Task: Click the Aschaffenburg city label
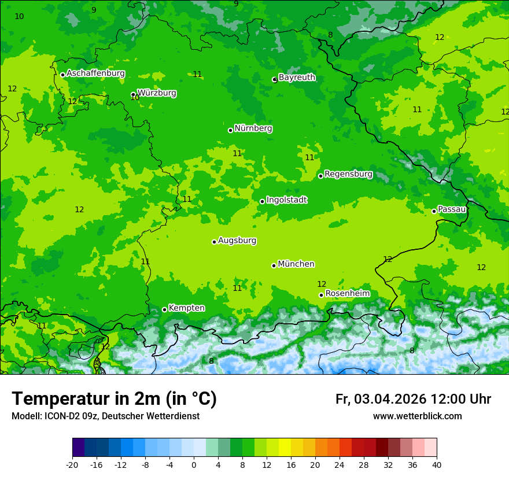95,73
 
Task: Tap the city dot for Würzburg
133,94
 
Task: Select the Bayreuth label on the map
297,77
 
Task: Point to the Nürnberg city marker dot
230,130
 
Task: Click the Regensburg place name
348,173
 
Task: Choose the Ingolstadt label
286,200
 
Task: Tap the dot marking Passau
434,211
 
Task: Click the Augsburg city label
237,240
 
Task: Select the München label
296,264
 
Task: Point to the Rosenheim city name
347,293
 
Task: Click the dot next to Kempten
164,309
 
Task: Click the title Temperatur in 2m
114,398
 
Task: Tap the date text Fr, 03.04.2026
381,399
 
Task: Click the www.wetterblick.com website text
417,416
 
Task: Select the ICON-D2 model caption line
105,416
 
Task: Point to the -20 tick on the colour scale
72,464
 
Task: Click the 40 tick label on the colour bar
437,464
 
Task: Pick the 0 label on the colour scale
194,464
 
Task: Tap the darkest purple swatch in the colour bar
78,448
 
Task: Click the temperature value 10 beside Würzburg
135,98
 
